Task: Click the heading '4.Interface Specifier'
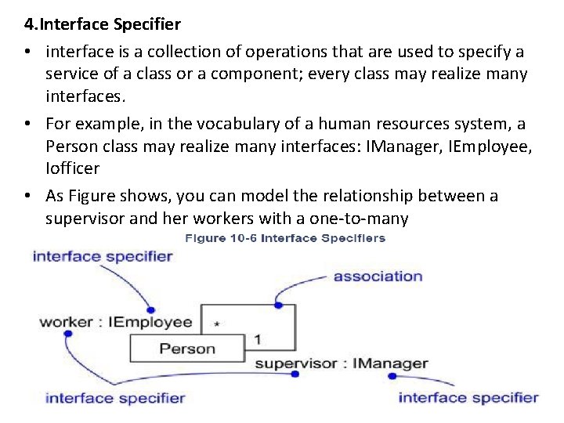[102, 24]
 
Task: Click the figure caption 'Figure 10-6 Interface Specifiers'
[285, 238]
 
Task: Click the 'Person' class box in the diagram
[187, 349]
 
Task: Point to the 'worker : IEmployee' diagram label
[116, 322]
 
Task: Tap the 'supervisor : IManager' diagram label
[342, 363]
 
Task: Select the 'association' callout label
[378, 276]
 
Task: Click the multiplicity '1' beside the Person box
[258, 340]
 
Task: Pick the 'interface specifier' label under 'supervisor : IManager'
[468, 397]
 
